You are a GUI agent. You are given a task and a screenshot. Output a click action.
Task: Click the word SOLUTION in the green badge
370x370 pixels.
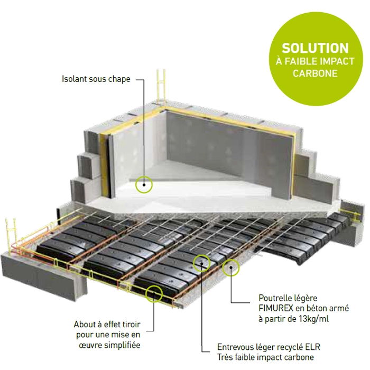[315, 48]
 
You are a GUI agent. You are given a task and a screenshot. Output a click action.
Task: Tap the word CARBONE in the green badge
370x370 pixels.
[315, 73]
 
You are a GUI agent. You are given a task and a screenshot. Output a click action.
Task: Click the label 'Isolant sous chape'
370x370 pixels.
[96, 79]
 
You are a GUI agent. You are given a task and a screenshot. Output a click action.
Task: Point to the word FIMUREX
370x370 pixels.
[276, 308]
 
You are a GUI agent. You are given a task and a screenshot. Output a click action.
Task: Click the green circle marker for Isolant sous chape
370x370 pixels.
[144, 184]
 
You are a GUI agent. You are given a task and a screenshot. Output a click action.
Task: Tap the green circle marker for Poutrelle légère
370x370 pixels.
[231, 267]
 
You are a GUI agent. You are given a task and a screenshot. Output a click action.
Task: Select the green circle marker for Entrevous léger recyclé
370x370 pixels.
[201, 263]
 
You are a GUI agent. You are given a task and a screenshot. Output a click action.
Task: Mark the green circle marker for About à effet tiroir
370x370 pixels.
[154, 293]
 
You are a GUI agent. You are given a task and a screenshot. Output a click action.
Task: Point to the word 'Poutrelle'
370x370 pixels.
[274, 298]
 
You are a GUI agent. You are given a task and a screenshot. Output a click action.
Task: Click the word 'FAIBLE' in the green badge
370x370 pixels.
[300, 61]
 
